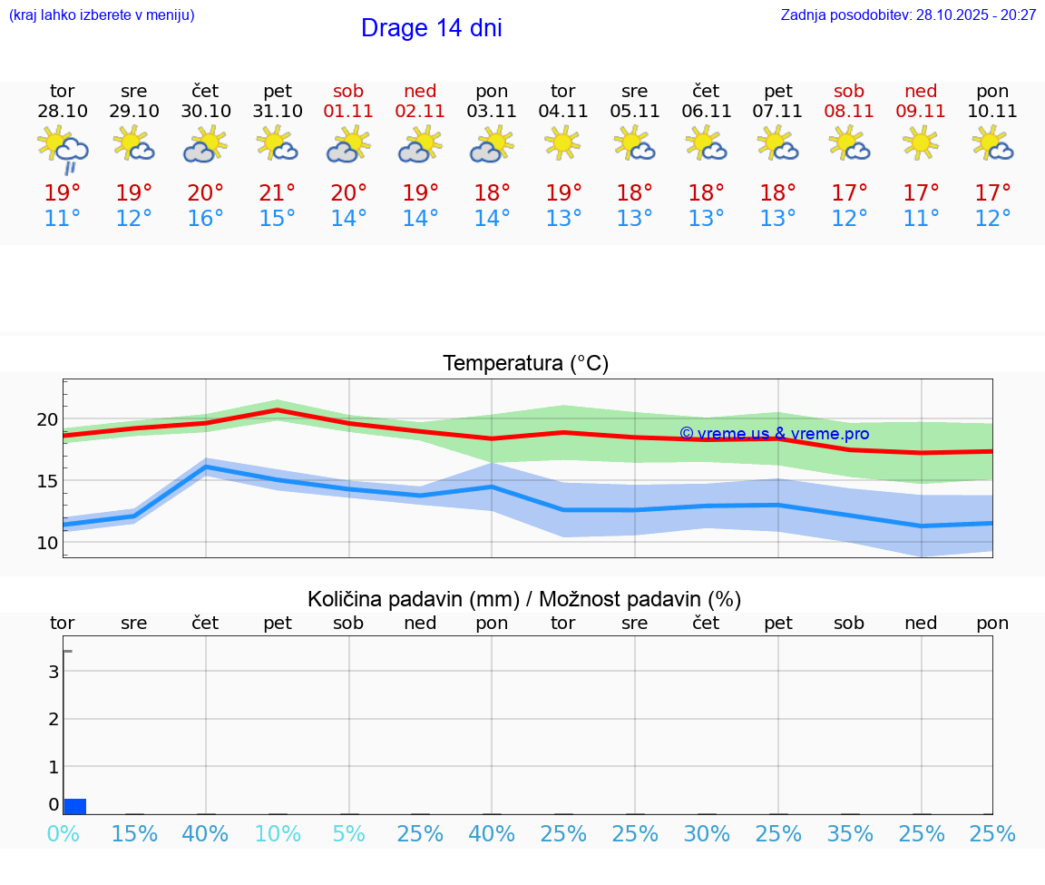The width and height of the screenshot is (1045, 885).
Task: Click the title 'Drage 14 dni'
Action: click(431, 28)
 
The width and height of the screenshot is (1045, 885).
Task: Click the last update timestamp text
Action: click(908, 15)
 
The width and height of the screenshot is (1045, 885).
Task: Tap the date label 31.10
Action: click(277, 112)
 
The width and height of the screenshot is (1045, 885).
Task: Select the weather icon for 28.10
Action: click(63, 149)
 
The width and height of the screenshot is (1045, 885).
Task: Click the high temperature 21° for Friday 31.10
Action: click(277, 193)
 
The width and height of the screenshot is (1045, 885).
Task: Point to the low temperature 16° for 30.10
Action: click(205, 219)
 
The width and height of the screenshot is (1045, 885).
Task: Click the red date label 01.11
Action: click(348, 112)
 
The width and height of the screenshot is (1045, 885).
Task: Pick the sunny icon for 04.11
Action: click(562, 143)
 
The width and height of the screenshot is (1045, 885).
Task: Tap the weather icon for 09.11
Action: click(921, 143)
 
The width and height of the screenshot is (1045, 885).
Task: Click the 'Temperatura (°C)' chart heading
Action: click(525, 364)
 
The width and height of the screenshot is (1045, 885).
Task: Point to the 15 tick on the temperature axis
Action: click(47, 481)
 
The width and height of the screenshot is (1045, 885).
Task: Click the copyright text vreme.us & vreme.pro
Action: click(774, 434)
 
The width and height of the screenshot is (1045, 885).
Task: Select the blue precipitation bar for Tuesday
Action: click(74, 806)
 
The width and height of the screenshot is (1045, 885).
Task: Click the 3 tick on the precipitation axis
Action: click(54, 672)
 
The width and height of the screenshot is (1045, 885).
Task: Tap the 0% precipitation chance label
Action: click(63, 834)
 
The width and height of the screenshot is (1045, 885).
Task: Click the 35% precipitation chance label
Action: click(849, 834)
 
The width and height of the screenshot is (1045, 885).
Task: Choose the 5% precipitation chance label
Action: click(348, 834)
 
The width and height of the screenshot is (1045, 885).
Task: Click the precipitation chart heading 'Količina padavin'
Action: click(524, 599)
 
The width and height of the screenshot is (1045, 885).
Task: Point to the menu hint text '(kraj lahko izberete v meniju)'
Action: click(102, 15)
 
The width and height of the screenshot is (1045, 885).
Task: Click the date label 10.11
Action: click(992, 112)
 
